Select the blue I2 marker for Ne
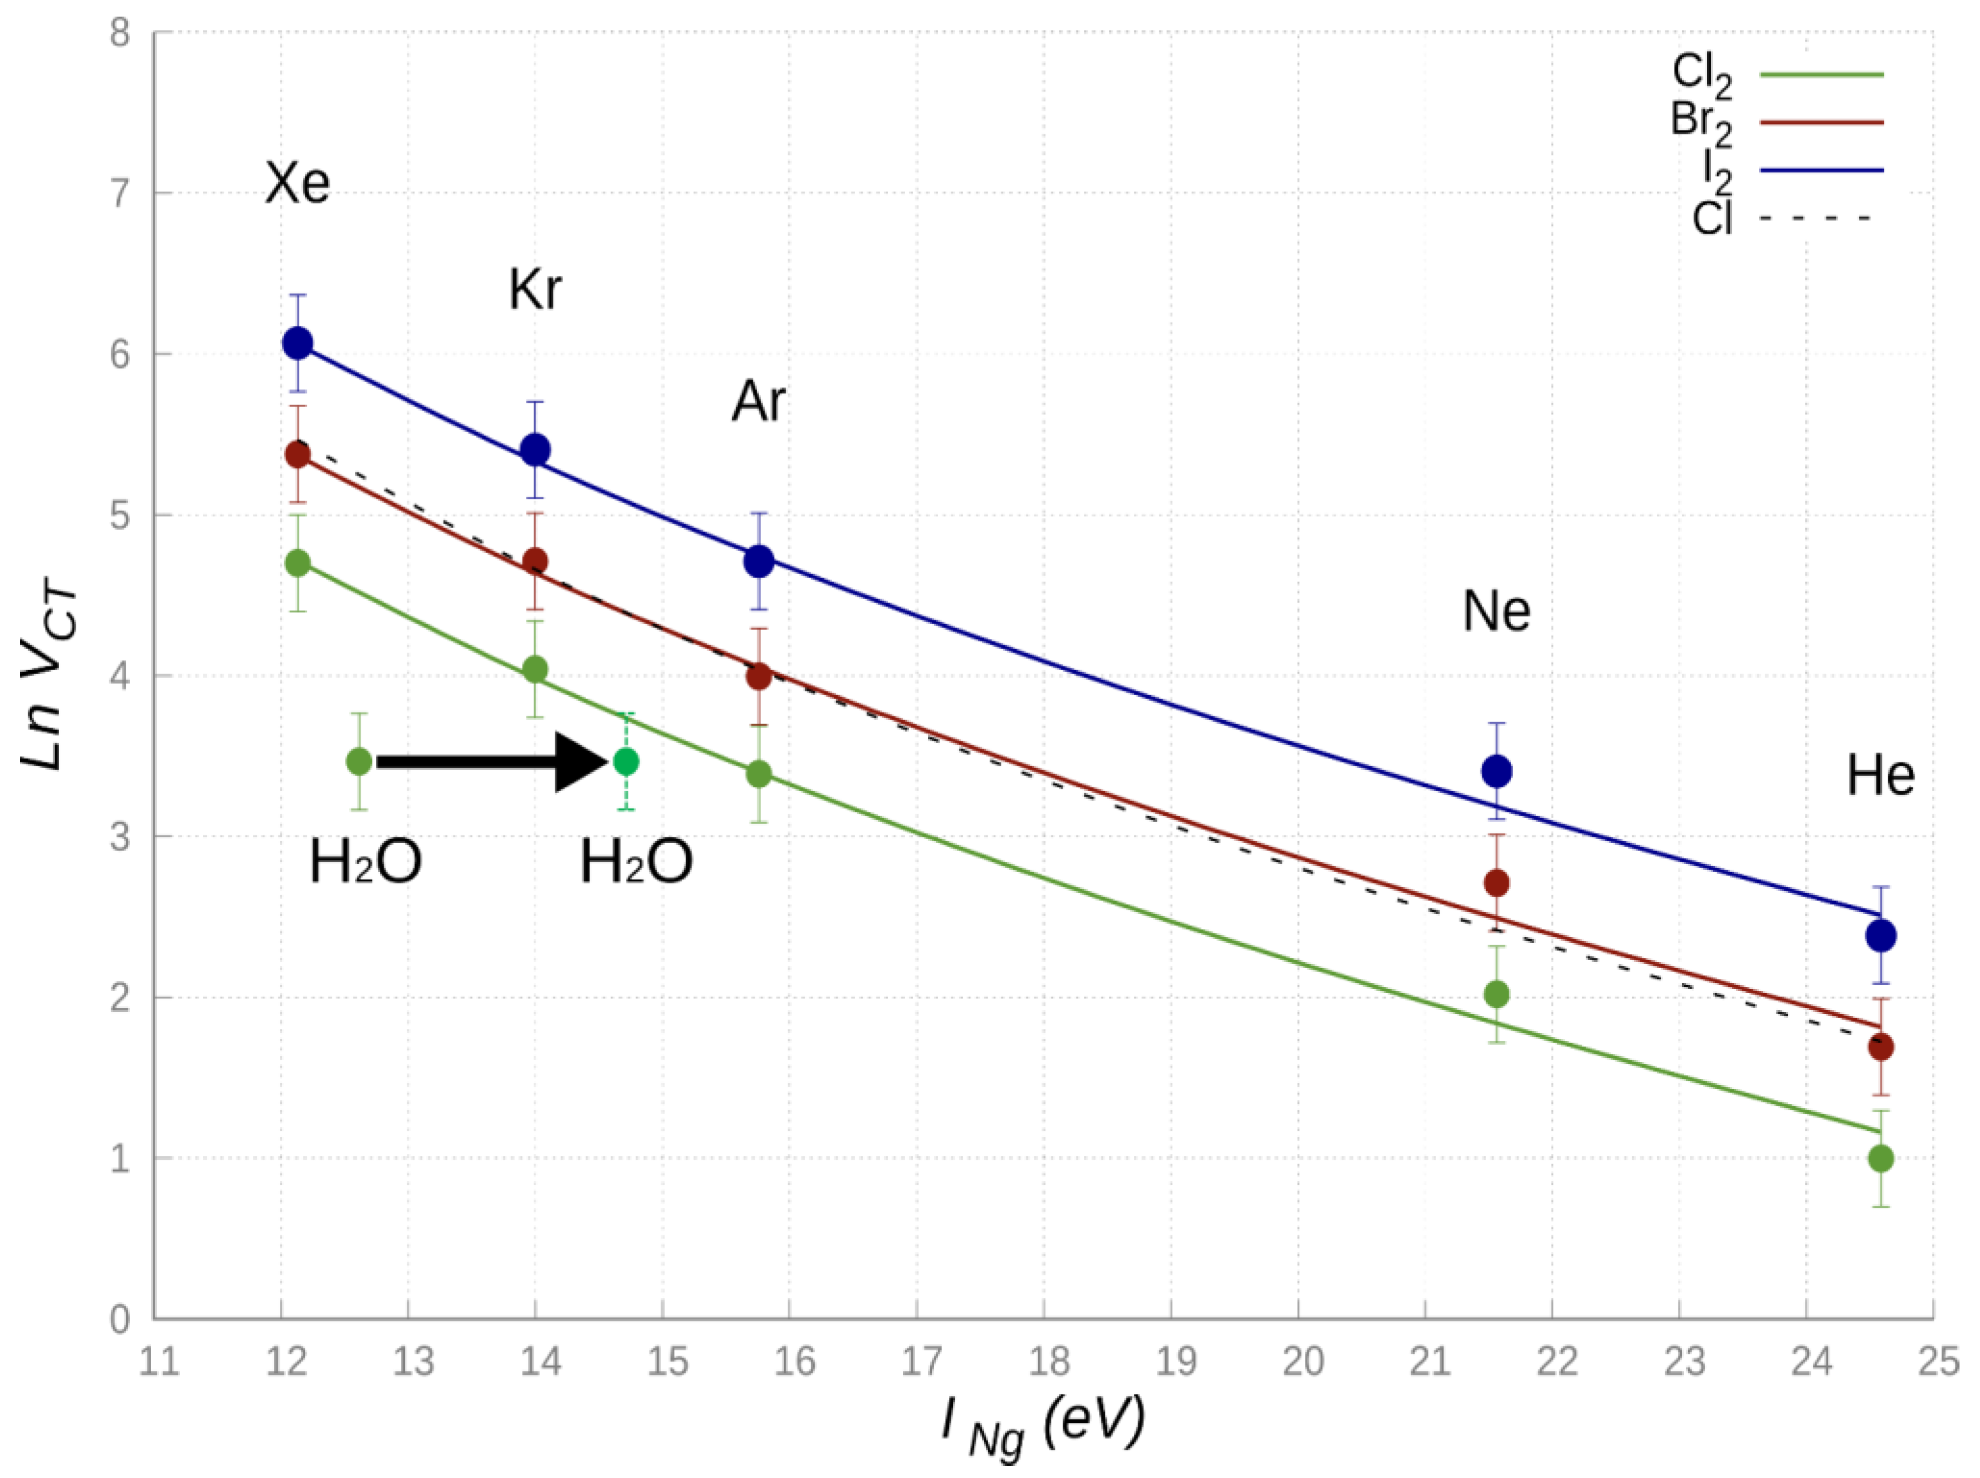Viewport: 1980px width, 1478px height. [x=1496, y=771]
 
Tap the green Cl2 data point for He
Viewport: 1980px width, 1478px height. [x=1881, y=1159]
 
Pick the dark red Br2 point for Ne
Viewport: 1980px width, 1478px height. [x=1496, y=883]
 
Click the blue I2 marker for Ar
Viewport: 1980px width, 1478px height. [x=759, y=562]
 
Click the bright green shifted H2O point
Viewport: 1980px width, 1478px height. [x=626, y=762]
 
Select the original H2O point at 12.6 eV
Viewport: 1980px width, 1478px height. [x=359, y=762]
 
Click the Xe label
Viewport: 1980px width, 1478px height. [x=298, y=184]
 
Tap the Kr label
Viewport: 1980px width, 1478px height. [x=536, y=290]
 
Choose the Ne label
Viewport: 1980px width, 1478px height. [x=1496, y=612]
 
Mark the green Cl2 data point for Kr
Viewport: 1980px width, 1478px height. [x=536, y=669]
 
